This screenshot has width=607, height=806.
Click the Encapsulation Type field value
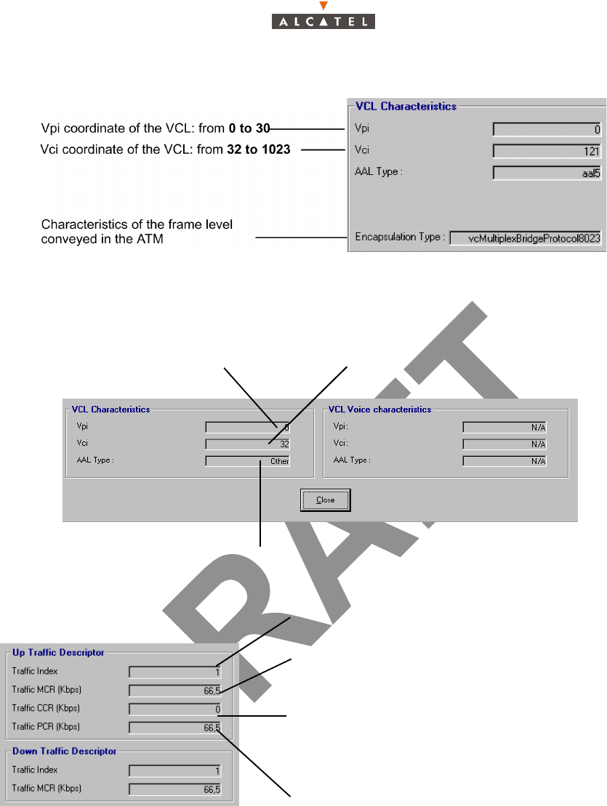[526, 237]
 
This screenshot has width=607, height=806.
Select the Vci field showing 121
[547, 151]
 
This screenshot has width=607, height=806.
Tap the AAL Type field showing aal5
[547, 172]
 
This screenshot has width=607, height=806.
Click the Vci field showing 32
[248, 444]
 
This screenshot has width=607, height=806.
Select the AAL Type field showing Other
[248, 460]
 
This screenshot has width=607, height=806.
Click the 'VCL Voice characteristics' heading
[379, 410]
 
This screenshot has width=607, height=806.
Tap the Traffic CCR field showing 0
[174, 708]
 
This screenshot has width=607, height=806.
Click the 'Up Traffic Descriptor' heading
[58, 652]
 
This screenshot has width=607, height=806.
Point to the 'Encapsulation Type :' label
[399, 237]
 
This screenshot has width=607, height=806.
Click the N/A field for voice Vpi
[505, 427]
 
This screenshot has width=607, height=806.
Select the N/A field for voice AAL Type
[505, 460]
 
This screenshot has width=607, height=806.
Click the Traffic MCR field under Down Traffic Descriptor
[174, 789]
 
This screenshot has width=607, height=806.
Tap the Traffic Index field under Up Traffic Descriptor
[174, 672]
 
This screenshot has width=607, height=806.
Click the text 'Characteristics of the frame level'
[137, 225]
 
